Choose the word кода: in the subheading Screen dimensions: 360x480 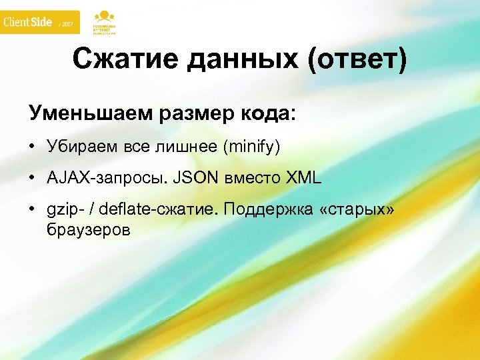pyautogui.click(x=266, y=113)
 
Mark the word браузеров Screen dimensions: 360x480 pyautogui.click(x=89, y=231)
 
